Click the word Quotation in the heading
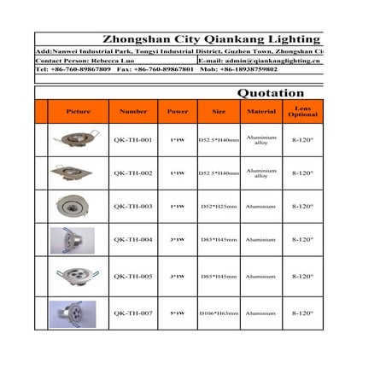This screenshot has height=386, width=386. click(x=270, y=92)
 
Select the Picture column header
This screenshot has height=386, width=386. click(x=78, y=112)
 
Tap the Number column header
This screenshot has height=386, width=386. click(x=133, y=112)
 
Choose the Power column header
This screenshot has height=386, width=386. click(x=178, y=112)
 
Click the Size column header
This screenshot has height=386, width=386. click(x=219, y=112)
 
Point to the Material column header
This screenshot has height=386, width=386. click(x=261, y=112)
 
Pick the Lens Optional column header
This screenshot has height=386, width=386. click(x=303, y=112)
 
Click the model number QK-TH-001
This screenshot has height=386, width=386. click(x=133, y=140)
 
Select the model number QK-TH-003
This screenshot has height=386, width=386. click(x=133, y=206)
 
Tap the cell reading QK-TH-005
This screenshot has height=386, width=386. click(x=133, y=276)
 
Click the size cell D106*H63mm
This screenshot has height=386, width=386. click(x=219, y=313)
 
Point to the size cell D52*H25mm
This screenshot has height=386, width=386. click(x=219, y=206)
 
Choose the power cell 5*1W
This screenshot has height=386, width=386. click(x=178, y=313)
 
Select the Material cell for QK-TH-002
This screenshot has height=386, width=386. click(x=261, y=173)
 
